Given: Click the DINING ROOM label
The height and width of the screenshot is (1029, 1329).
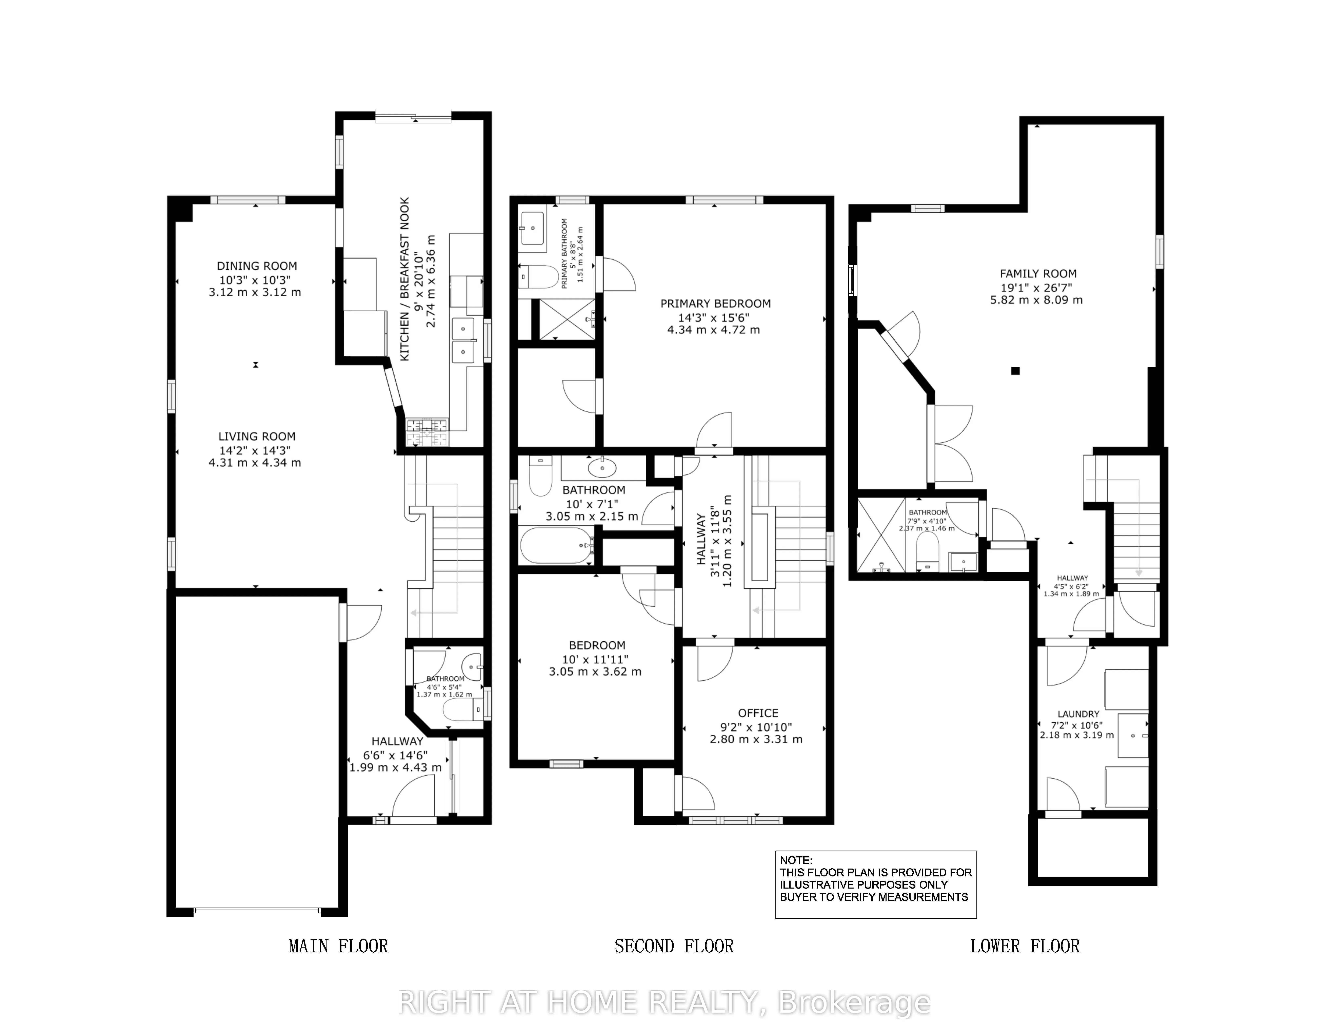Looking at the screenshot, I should (x=257, y=266).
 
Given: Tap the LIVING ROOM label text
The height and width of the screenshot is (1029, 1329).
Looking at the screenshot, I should (x=257, y=436).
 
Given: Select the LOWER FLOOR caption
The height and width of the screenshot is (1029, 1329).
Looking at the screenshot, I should (x=1025, y=946).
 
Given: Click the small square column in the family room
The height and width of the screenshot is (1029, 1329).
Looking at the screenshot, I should (x=1015, y=371).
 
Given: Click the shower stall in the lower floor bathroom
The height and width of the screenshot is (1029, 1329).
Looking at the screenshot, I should (x=880, y=536).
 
